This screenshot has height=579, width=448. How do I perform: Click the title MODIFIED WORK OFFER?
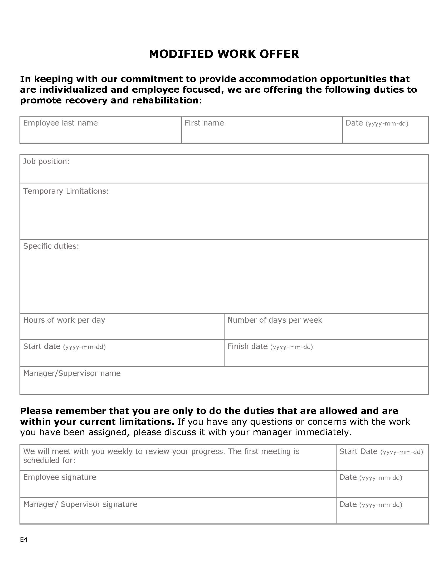tap(224, 54)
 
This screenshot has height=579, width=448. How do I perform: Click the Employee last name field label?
tap(61, 123)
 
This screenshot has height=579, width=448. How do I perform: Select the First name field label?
tap(204, 123)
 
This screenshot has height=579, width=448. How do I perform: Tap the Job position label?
tap(46, 161)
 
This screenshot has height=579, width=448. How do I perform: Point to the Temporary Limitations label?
tap(66, 191)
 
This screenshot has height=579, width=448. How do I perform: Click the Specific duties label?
tap(51, 246)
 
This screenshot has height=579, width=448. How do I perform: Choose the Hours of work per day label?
tap(64, 320)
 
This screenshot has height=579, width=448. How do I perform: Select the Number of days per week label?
tap(275, 320)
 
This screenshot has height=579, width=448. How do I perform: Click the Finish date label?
tap(247, 347)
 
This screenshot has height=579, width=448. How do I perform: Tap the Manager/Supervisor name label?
tap(72, 373)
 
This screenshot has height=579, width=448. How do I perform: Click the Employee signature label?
tap(60, 477)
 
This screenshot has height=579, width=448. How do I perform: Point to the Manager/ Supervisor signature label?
tap(80, 504)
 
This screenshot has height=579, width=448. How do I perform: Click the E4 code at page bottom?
tap(24, 540)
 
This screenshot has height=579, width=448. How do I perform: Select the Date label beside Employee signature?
tap(348, 477)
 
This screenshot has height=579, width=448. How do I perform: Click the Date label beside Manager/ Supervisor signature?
tap(348, 504)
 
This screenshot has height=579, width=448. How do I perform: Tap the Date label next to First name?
tap(354, 123)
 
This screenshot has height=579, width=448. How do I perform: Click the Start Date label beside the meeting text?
tap(358, 451)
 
